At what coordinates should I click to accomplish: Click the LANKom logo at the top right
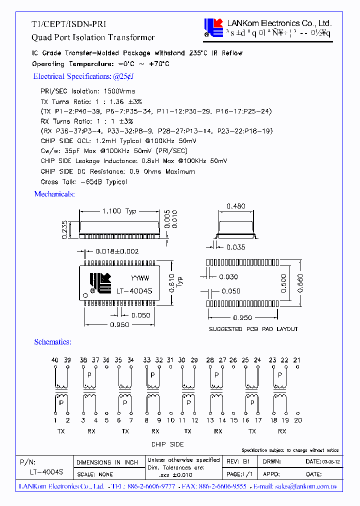click(x=213, y=27)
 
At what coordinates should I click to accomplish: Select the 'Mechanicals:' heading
click(x=54, y=194)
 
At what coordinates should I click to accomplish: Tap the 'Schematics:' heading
click(x=52, y=342)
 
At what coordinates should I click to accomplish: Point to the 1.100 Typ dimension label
click(x=118, y=211)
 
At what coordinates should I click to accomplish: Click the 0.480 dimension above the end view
click(x=235, y=206)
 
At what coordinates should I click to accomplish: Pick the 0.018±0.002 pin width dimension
click(x=118, y=251)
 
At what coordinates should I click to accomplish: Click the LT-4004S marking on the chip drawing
click(x=134, y=290)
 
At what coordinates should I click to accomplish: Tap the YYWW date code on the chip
click(x=140, y=278)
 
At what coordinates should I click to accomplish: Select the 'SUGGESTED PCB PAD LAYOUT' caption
click(x=253, y=329)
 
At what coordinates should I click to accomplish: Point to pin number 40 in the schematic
click(x=55, y=360)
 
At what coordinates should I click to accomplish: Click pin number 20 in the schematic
click(x=298, y=420)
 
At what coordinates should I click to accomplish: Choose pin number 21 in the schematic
click(x=297, y=360)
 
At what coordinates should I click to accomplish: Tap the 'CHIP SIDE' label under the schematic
click(x=167, y=444)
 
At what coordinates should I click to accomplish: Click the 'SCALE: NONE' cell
click(x=94, y=474)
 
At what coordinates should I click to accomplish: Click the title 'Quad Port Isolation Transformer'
click(x=93, y=37)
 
